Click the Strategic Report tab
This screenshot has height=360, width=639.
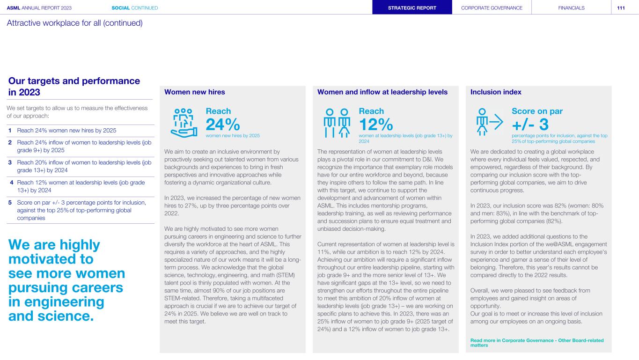pos(412,7)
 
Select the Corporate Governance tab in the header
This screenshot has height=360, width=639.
pos(492,7)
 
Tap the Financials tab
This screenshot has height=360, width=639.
pos(571,7)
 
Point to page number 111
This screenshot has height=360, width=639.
pos(621,8)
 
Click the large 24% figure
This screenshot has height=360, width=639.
pos(223,125)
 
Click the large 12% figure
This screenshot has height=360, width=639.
pos(376,125)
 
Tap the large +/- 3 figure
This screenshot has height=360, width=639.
pos(530,125)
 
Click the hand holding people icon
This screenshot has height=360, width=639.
pos(184,123)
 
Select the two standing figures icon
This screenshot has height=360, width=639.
pos(337,123)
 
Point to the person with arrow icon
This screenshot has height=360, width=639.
pos(490,122)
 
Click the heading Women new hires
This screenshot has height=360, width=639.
pos(195,92)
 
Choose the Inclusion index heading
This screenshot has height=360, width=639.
pos(496,92)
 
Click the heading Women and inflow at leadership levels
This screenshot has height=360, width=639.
pos(382,92)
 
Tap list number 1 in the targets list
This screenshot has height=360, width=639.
pos(10,130)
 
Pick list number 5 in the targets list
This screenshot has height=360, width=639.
pos(10,203)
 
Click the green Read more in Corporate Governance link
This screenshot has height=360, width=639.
pos(537,343)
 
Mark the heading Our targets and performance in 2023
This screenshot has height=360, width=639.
pos(74,87)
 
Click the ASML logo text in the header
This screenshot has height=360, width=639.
pos(14,8)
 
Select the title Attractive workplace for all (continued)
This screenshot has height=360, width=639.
pos(74,23)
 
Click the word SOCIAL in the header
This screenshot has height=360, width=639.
pos(121,8)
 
